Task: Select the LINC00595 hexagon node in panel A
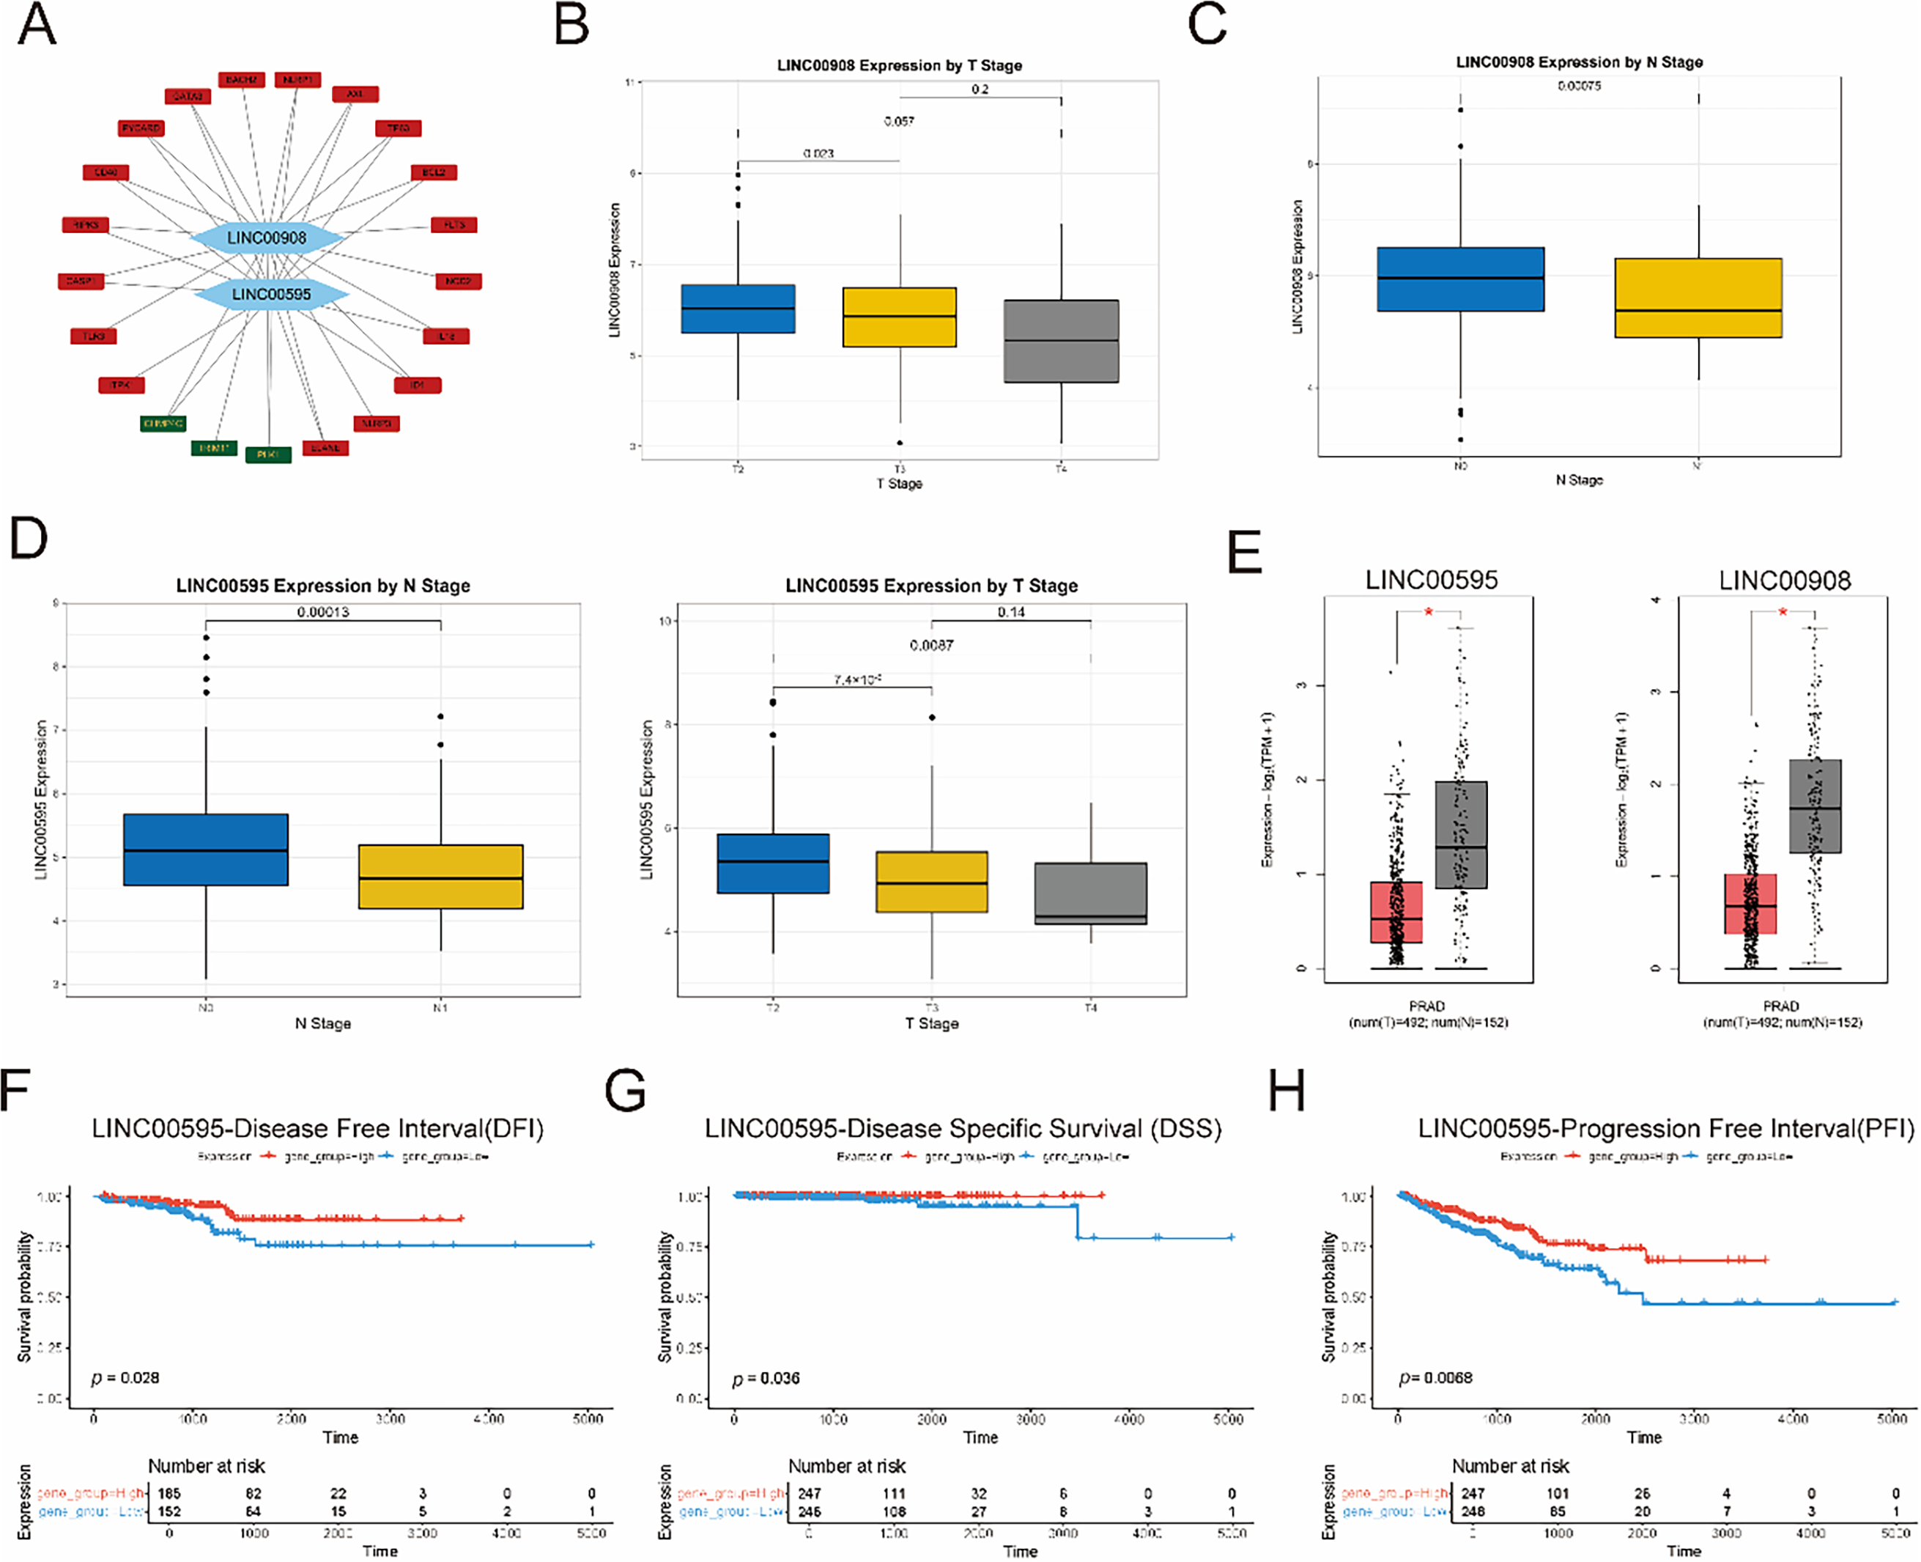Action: [270, 294]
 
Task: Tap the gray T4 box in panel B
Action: [1061, 341]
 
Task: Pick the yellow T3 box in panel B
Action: [900, 317]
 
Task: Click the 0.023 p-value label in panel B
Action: [818, 154]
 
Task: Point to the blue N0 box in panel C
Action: [1461, 279]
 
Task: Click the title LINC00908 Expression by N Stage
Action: [1580, 62]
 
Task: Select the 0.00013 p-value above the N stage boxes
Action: [323, 612]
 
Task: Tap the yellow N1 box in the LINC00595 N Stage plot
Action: [440, 877]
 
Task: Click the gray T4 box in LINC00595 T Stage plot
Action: [1091, 894]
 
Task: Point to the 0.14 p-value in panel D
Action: [1011, 612]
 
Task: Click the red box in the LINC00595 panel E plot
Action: [1396, 913]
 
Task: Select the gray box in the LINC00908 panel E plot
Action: [1815, 806]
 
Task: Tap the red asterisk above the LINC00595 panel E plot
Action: [1428, 613]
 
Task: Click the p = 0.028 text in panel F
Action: [125, 1377]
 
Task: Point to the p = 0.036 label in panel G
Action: [766, 1379]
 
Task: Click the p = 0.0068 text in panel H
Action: [1435, 1377]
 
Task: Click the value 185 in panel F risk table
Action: [169, 1494]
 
